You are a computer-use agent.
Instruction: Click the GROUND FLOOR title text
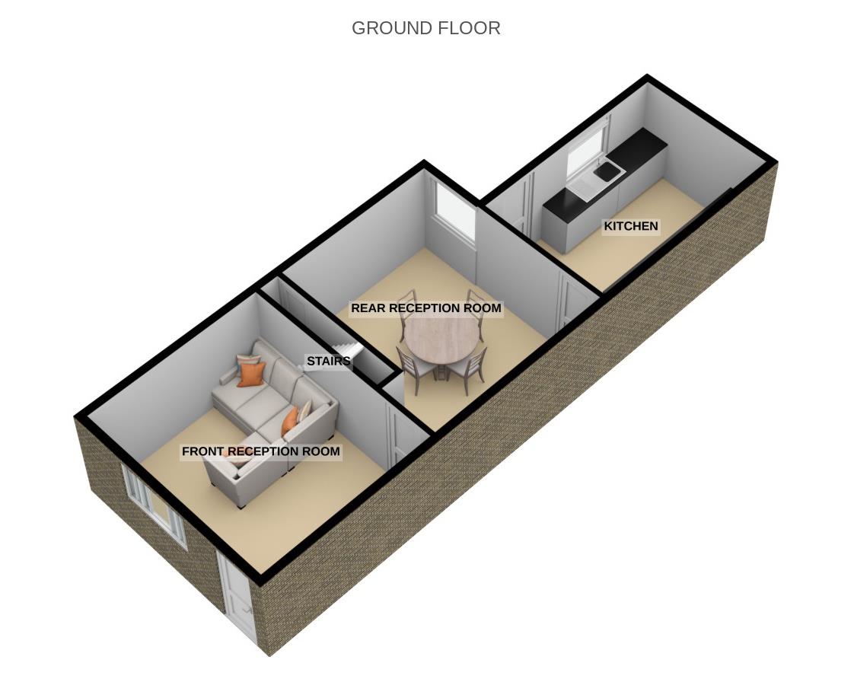(425, 28)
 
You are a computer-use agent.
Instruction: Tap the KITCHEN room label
(630, 226)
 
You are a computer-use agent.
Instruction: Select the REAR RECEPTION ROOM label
(425, 308)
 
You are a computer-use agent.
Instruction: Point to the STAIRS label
(328, 361)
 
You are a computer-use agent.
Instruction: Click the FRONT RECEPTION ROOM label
(260, 451)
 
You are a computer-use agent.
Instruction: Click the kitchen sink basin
(607, 174)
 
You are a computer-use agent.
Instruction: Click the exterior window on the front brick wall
(155, 503)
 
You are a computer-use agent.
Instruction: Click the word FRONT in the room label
(203, 451)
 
